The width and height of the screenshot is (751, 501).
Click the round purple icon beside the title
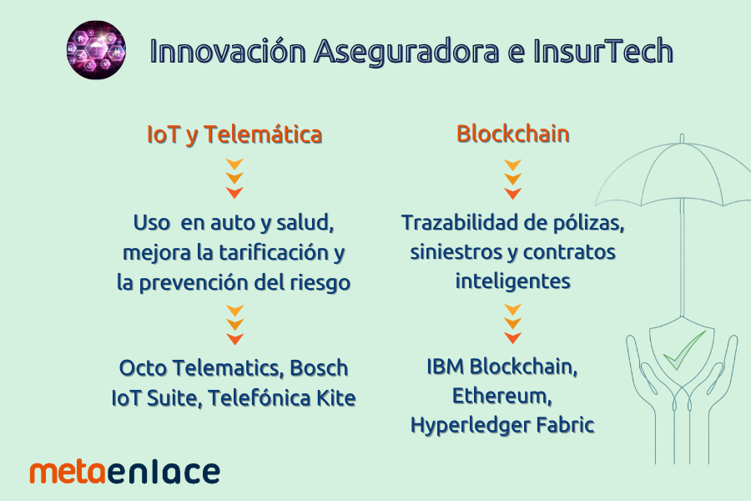pyautogui.click(x=96, y=50)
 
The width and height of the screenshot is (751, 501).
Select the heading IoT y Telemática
pyautogui.click(x=234, y=134)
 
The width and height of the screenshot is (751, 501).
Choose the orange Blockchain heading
pyautogui.click(x=513, y=134)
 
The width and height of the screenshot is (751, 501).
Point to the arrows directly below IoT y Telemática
pyautogui.click(x=234, y=179)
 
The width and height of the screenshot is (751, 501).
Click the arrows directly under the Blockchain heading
pyautogui.click(x=513, y=179)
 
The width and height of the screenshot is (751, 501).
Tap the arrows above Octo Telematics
pyautogui.click(x=234, y=325)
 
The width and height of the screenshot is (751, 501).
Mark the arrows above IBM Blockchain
pyautogui.click(x=513, y=325)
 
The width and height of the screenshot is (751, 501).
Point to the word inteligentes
pyautogui.click(x=513, y=281)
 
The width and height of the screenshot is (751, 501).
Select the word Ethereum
pyautogui.click(x=501, y=396)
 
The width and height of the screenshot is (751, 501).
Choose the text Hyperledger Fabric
pyautogui.click(x=502, y=425)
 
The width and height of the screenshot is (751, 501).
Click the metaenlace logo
pyautogui.click(x=125, y=472)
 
